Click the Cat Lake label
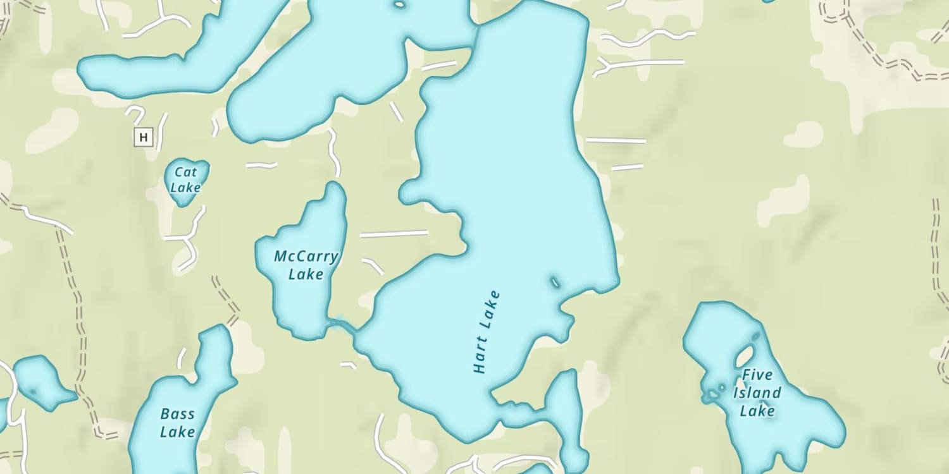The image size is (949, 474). click(186, 179)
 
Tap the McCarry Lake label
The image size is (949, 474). click(306, 265)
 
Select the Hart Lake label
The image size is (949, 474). click(487, 332)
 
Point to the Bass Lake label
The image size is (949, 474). click(177, 423)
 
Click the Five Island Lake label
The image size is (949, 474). click(757, 392)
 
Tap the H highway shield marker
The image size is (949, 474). click(144, 137)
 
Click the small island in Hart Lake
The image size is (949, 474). click(555, 281)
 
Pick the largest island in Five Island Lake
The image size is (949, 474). click(745, 356)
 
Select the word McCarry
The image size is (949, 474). click(306, 257)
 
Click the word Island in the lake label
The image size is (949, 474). click(757, 392)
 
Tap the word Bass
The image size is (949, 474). click(177, 415)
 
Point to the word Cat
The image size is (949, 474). click(186, 171)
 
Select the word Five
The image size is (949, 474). click(757, 375)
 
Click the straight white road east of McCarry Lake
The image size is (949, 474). click(394, 234)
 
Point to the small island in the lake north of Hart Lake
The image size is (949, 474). click(400, 5)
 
